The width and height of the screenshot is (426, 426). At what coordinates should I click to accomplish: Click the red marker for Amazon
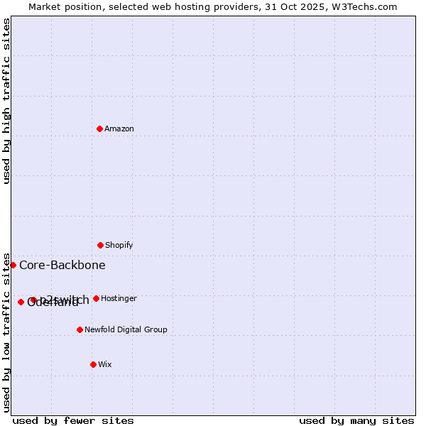100,129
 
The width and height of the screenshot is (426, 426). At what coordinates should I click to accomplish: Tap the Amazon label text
119,129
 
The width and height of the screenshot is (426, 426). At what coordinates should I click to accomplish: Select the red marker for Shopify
100,245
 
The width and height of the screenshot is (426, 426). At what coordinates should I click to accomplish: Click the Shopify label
119,246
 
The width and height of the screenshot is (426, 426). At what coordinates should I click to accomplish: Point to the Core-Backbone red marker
13,265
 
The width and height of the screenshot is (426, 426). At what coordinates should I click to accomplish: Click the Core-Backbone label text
62,266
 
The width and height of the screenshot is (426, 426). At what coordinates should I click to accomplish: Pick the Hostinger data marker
96,298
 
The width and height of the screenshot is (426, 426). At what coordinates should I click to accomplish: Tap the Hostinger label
119,299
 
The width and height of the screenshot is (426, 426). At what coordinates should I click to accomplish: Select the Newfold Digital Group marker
80,329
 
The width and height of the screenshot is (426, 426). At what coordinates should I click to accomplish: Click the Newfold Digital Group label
126,330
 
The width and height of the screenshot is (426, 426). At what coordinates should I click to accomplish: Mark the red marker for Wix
93,364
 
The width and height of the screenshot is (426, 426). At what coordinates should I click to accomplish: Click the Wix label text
105,365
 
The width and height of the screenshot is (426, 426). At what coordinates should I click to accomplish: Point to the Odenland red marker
21,302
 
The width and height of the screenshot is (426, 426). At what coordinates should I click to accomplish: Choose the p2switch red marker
33,300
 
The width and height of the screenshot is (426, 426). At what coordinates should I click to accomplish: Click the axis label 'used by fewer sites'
73,420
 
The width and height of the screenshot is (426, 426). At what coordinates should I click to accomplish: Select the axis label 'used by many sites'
356,420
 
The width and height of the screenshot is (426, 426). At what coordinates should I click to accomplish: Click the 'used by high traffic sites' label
7,101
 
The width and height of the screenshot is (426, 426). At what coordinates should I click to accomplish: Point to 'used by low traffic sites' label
7,332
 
